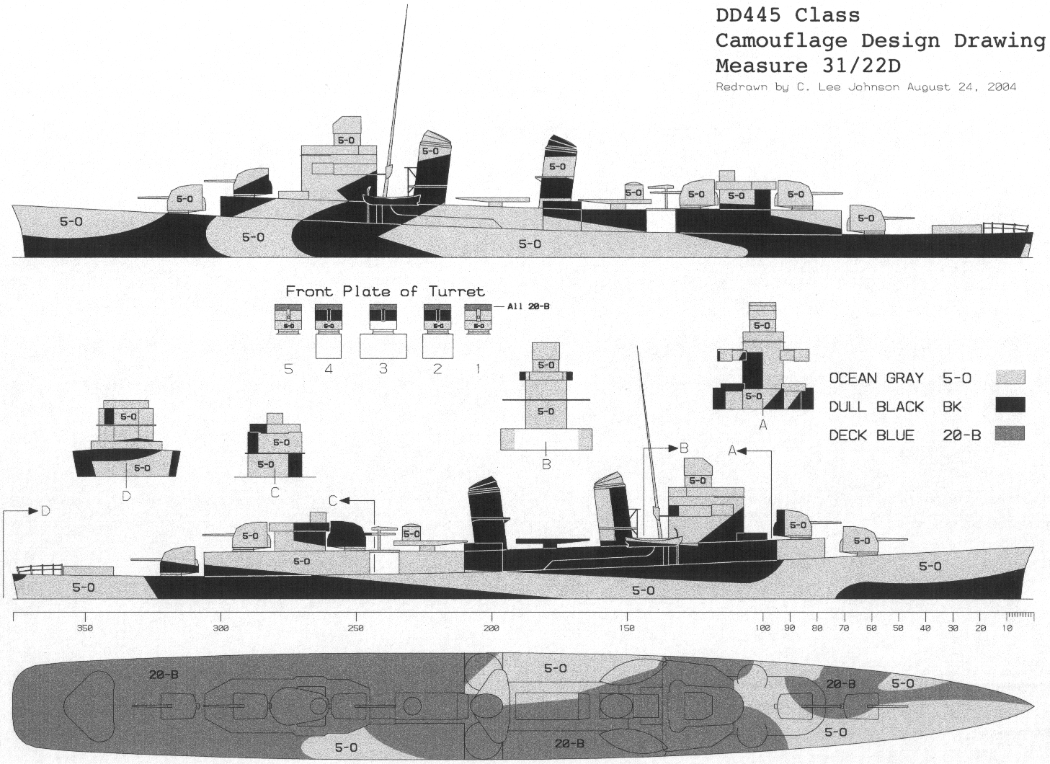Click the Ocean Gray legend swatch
tap(1010, 378)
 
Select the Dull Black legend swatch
tap(1010, 406)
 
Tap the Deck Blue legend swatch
tap(1010, 434)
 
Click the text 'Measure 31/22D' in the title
tap(808, 66)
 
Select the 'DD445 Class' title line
tap(787, 15)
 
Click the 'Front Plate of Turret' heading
tap(385, 291)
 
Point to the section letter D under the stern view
tap(126, 496)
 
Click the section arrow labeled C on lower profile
tap(344, 500)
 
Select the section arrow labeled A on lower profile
tap(742, 450)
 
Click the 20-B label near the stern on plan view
tap(164, 675)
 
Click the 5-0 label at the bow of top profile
tap(71, 222)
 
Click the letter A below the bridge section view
tap(763, 425)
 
